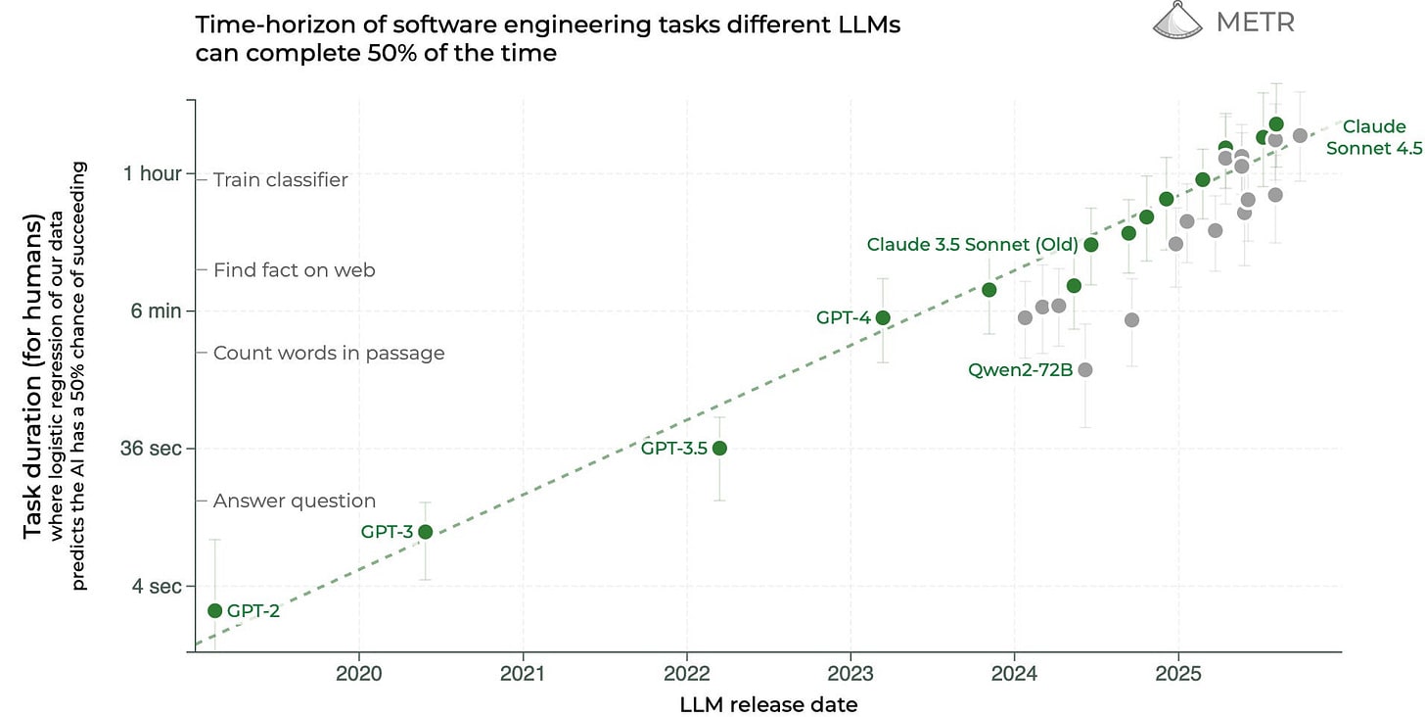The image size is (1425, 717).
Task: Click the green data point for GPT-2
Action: coord(215,610)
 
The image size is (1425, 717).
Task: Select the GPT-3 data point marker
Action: coord(425,532)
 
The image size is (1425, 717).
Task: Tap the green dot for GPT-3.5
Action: coord(719,448)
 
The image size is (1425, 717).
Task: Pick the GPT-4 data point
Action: coord(883,317)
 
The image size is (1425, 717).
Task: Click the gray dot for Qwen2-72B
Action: coord(1084,369)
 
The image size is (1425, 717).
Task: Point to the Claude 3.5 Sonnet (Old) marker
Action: coord(1091,244)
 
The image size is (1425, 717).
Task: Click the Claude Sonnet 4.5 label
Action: coord(1373,137)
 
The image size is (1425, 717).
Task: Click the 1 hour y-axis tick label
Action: coord(152,173)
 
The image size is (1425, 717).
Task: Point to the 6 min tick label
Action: coord(157,311)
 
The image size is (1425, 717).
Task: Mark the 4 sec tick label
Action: coord(158,586)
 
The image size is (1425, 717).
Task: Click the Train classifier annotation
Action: coord(280,179)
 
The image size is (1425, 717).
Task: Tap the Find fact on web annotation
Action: coord(294,269)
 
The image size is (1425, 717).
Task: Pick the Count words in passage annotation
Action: coord(329,353)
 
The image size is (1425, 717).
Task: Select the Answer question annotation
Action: coord(295,501)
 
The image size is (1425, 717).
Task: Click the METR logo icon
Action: coord(1177,21)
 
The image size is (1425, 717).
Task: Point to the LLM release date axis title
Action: coord(768,704)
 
